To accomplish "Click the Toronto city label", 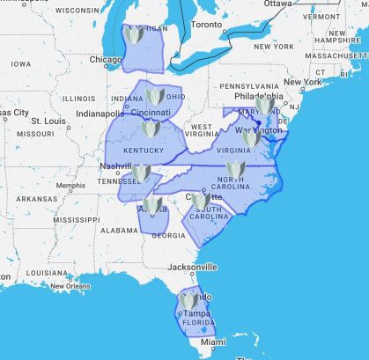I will coord(207,24).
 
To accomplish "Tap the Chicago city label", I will coord(105,60).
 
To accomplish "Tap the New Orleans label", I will coord(70,286).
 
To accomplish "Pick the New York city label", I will coord(301,82).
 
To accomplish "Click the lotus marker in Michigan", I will coord(135,36).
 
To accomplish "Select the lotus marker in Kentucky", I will coord(149,129).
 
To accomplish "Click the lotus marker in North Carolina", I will coord(234,169).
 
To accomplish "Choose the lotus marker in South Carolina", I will coord(201,202).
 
